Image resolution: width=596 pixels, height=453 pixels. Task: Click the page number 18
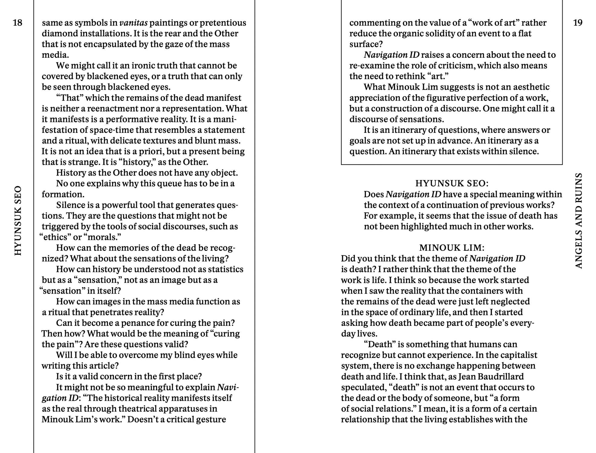[18, 23]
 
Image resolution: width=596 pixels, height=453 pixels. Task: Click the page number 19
[578, 23]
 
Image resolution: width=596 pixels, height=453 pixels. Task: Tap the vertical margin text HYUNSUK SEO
[18, 220]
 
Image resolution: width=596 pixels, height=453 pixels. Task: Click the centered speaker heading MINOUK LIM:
[452, 248]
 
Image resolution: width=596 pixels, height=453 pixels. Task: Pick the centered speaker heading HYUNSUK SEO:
[452, 183]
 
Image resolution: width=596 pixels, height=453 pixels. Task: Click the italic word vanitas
[134, 23]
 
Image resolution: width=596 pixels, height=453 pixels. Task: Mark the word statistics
[226, 269]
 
